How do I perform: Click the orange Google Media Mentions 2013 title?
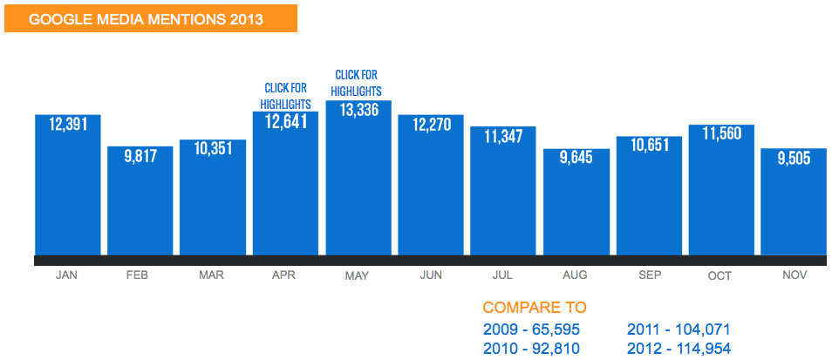click(x=150, y=18)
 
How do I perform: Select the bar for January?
click(x=67, y=192)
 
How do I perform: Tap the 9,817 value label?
click(x=140, y=158)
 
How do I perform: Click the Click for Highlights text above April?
click(x=285, y=96)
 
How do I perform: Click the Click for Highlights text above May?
click(x=358, y=84)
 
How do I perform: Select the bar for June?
click(x=431, y=192)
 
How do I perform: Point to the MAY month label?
click(x=357, y=276)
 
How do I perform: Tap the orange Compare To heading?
click(x=534, y=308)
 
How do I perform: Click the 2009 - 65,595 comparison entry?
click(x=531, y=329)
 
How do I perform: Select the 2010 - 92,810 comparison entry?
click(x=531, y=349)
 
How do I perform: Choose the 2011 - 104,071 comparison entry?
click(x=679, y=329)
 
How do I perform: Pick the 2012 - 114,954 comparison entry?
click(x=679, y=349)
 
